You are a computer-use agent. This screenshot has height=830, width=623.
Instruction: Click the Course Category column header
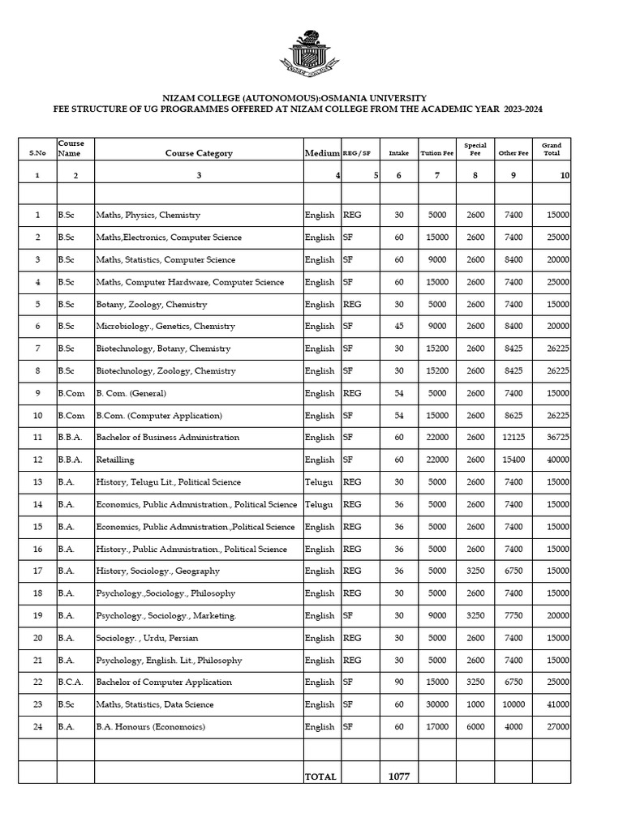(199, 153)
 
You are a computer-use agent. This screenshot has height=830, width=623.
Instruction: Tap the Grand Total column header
(552, 149)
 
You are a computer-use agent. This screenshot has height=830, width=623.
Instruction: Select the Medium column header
(321, 153)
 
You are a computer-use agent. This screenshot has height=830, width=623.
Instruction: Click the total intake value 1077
(399, 777)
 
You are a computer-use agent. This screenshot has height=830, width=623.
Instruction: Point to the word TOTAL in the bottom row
(320, 777)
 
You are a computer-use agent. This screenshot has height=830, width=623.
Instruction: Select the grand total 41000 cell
(557, 704)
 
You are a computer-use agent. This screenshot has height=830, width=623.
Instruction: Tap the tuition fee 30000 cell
(437, 704)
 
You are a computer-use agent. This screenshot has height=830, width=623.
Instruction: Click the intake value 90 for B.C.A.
(399, 682)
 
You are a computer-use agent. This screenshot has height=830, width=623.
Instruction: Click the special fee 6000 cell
(475, 727)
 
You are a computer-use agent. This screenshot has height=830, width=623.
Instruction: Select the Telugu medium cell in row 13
(319, 482)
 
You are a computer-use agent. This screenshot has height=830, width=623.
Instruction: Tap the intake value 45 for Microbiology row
(399, 327)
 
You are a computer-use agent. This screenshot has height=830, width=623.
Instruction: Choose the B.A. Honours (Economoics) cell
(151, 727)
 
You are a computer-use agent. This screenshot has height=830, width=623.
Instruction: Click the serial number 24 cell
(37, 727)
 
